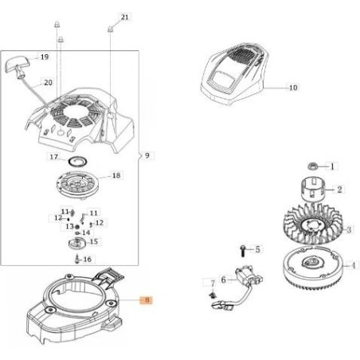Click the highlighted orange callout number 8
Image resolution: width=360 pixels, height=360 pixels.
[147, 300]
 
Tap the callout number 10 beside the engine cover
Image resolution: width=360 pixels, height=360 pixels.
[293, 88]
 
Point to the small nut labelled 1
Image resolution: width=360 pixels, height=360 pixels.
[313, 166]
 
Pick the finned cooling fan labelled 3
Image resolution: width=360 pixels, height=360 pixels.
[314, 225]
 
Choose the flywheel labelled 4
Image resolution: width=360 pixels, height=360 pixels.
[314, 268]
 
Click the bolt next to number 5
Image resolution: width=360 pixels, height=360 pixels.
[243, 251]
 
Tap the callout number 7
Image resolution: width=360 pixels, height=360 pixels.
[213, 284]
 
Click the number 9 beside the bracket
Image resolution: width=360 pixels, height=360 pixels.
[147, 155]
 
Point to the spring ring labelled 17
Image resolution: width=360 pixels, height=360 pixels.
[78, 161]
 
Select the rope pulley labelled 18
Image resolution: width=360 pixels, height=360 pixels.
[77, 185]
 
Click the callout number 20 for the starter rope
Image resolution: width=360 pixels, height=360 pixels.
[48, 83]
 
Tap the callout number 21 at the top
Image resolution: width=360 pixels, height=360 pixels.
[124, 18]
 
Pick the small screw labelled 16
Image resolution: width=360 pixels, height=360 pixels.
[77, 259]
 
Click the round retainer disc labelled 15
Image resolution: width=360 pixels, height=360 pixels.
[76, 244]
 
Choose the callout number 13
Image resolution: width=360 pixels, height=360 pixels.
[69, 226]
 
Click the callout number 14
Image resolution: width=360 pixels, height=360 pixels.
[86, 233]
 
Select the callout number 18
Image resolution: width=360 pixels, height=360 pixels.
[116, 175]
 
